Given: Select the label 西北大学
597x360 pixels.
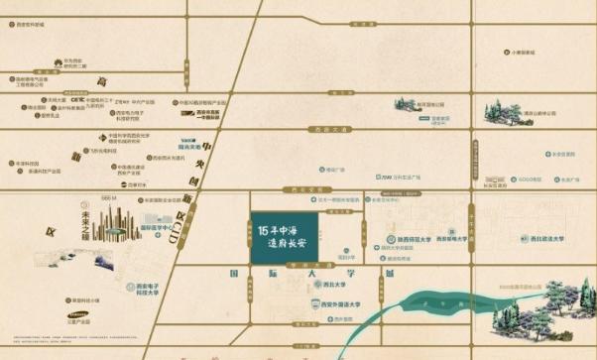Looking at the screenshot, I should pos(322,282).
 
